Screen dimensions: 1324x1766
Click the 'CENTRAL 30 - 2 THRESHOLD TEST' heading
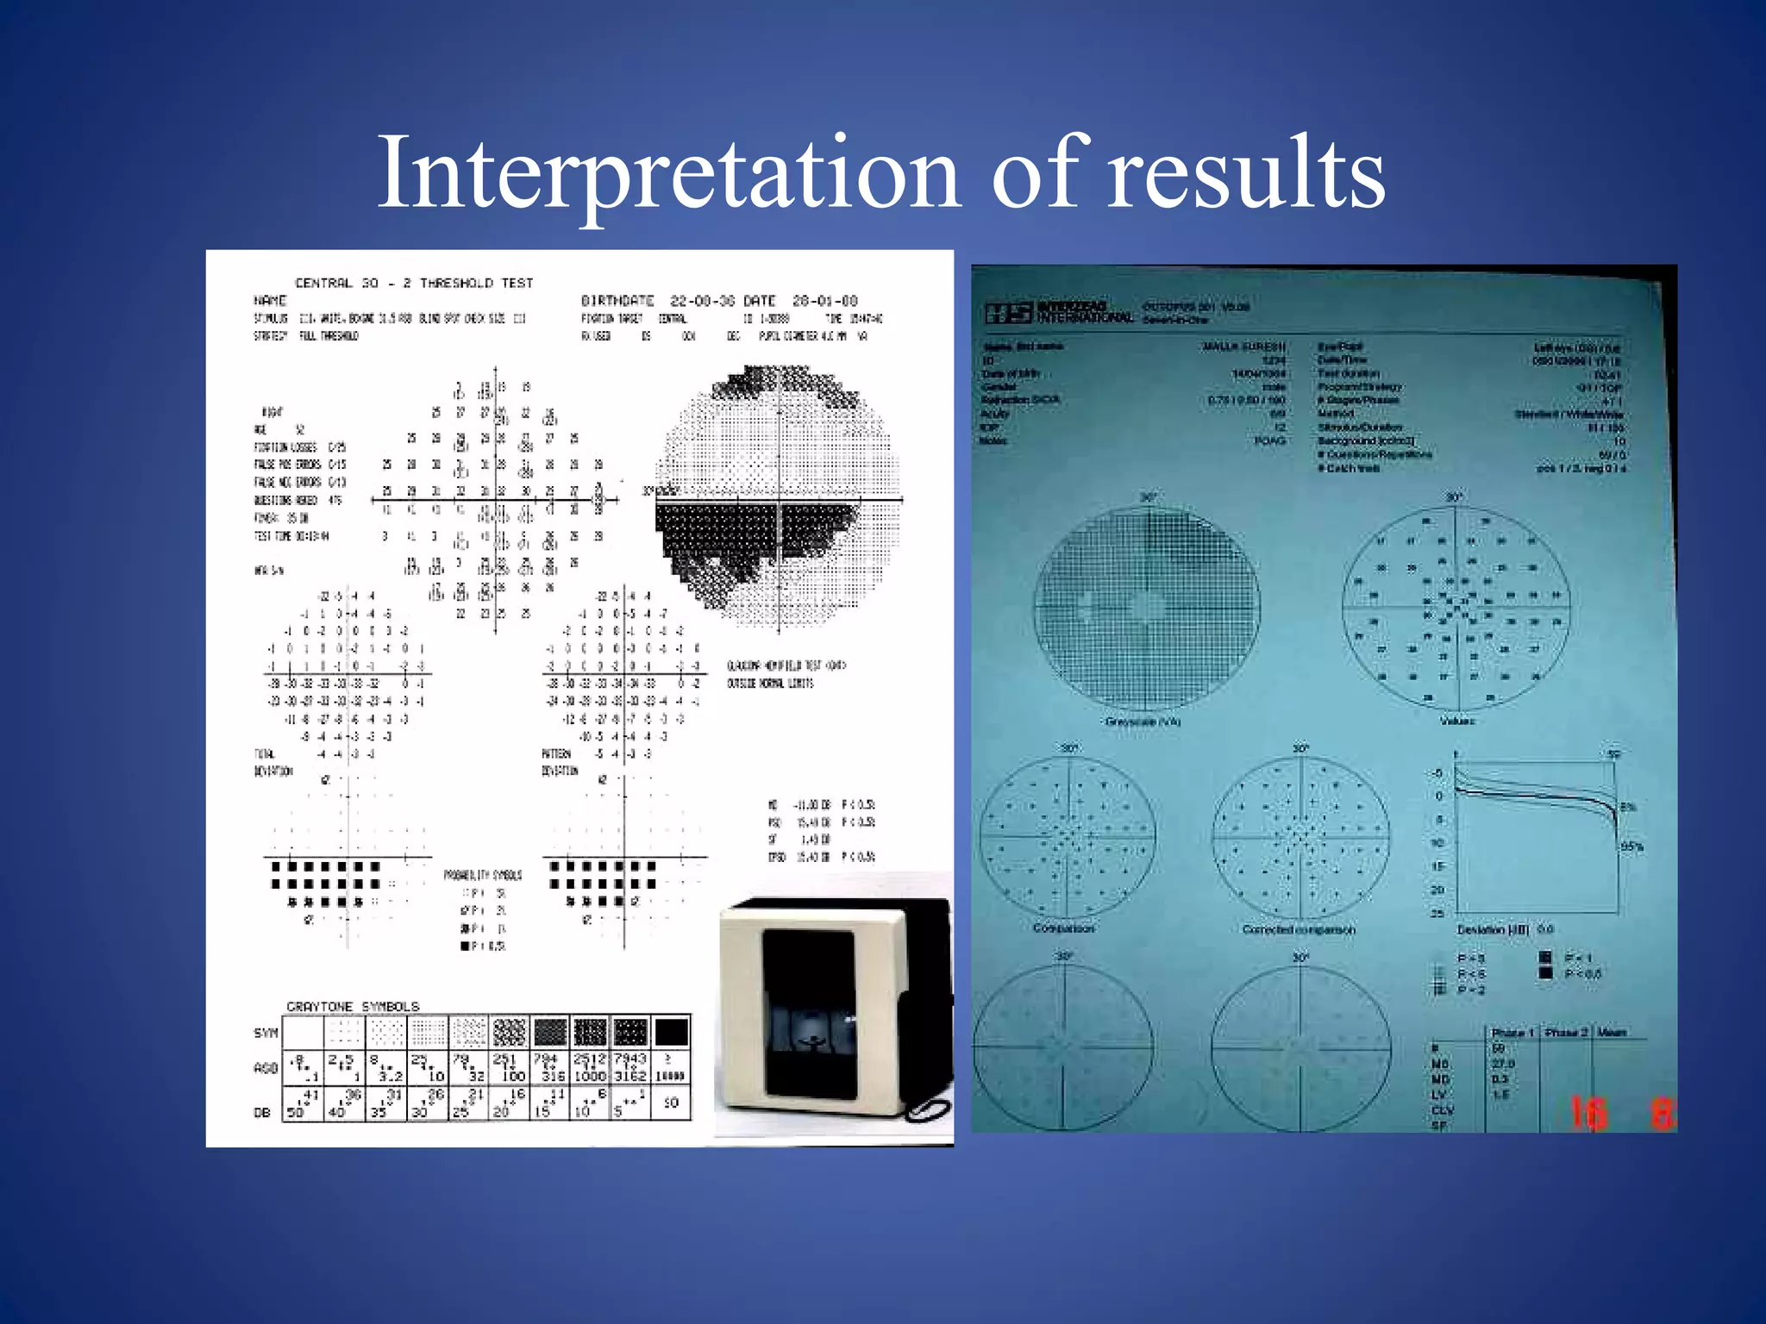(414, 283)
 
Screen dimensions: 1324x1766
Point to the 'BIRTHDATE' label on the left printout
(617, 301)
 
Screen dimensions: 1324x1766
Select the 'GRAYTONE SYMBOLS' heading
(353, 1006)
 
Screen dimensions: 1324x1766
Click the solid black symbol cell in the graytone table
(671, 1032)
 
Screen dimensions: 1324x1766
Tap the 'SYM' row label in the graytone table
(266, 1033)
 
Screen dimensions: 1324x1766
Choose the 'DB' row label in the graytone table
(262, 1112)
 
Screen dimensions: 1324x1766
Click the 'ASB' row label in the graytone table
(265, 1068)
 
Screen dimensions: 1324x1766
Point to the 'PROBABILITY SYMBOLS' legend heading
(482, 875)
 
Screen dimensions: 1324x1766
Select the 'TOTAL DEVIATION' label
(272, 762)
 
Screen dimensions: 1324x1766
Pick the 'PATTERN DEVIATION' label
(559, 762)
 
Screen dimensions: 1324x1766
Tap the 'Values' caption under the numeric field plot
(1456, 721)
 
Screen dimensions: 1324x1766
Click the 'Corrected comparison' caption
(1299, 929)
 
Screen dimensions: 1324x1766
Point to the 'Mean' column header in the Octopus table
(1611, 1032)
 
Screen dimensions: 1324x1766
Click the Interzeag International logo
(1059, 312)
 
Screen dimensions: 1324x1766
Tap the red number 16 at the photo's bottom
(1588, 1112)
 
